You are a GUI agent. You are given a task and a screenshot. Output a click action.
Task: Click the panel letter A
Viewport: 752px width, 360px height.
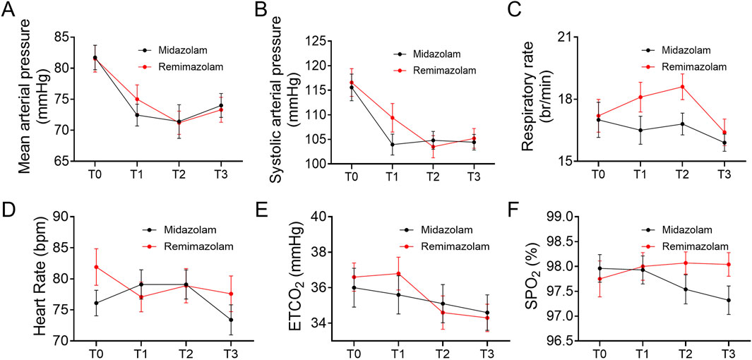pyautogui.click(x=9, y=11)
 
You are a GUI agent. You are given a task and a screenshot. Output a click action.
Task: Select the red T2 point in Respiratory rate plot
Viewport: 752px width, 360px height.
pyautogui.click(x=682, y=87)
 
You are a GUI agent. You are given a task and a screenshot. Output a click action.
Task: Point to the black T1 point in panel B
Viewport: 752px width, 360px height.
pyautogui.click(x=392, y=144)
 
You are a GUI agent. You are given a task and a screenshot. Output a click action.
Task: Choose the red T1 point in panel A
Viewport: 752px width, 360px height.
pyautogui.click(x=137, y=100)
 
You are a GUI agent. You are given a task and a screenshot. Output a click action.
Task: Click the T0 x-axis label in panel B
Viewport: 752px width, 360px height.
pyautogui.click(x=350, y=175)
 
